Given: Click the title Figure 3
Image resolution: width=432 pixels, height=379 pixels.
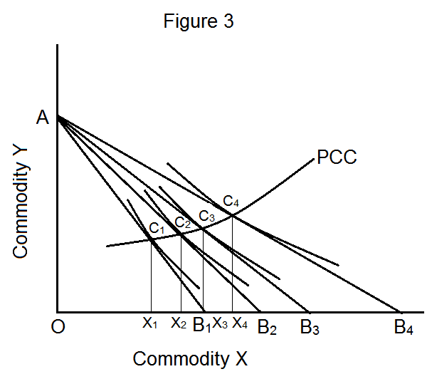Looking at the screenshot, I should (x=199, y=21).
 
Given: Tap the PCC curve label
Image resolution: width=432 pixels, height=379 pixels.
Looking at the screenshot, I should (x=336, y=157).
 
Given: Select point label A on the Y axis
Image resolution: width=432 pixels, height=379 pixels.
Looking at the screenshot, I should (x=43, y=119).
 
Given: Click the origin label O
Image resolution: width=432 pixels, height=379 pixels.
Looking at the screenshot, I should (x=60, y=330).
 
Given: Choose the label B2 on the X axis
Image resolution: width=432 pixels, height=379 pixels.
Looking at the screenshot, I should (x=267, y=328).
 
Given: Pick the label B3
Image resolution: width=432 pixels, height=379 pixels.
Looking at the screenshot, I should (x=310, y=328).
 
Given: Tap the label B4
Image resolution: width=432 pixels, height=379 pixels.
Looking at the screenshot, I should (x=404, y=328).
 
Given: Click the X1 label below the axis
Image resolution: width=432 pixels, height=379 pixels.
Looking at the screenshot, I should (x=149, y=324).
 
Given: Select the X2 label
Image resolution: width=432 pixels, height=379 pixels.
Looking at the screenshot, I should (x=179, y=324).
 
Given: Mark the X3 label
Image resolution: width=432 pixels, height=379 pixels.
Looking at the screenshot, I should (x=221, y=324).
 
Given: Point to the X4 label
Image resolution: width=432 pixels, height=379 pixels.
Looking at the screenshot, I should (x=240, y=324).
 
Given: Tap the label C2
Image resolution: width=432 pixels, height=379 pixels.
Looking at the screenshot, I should (x=183, y=222).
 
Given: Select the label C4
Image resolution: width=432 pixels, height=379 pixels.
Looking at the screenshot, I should (x=231, y=202).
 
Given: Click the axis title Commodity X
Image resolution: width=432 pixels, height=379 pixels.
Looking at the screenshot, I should (x=190, y=358).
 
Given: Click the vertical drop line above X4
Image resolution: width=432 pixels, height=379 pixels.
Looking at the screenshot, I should (x=232, y=264).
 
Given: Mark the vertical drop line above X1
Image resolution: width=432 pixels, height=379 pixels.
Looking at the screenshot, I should (x=151, y=278).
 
